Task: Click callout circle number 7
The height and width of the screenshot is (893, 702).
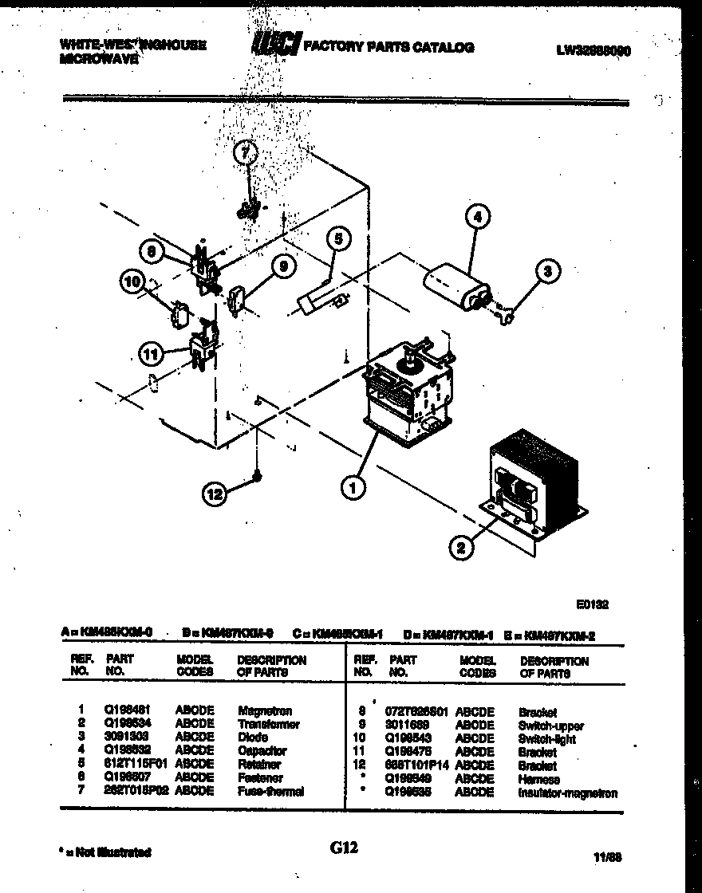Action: click(247, 154)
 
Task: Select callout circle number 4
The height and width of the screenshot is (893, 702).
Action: click(477, 214)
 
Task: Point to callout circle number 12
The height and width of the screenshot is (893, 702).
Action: click(214, 494)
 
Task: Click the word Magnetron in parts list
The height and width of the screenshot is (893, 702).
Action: click(265, 711)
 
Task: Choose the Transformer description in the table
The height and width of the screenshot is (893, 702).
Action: click(268, 725)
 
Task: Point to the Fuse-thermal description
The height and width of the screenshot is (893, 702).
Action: click(270, 792)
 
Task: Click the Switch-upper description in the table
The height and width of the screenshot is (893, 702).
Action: click(550, 726)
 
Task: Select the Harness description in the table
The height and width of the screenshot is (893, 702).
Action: click(538, 780)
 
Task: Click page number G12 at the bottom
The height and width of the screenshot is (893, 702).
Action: click(344, 848)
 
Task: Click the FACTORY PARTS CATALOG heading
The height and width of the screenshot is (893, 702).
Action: click(388, 48)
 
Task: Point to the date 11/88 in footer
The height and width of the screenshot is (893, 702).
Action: click(608, 858)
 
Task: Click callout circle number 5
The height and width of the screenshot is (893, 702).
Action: click(337, 238)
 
